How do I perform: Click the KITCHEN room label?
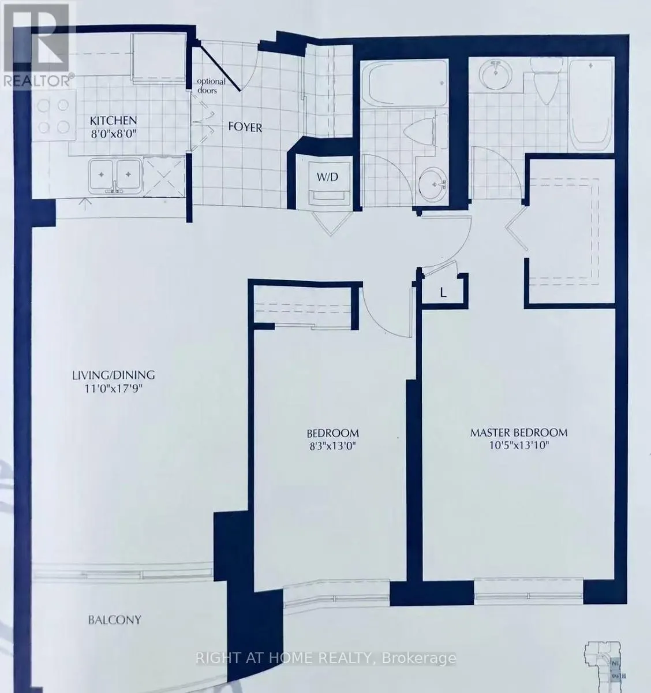coord(113,121)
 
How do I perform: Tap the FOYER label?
coord(245,127)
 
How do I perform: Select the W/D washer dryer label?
coord(327,177)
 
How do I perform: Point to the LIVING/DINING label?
coord(113,375)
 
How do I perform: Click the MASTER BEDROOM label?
coord(519,433)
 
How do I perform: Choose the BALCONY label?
coord(114,620)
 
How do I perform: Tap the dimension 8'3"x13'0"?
coord(332,446)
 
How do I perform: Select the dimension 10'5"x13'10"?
coord(519,446)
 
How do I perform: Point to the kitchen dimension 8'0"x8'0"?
coord(113,133)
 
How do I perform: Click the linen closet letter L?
coord(443,293)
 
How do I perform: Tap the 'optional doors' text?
coord(211,86)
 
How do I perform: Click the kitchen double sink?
coord(115,176)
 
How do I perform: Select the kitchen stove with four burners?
coord(53,116)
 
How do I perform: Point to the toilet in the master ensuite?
coord(547,81)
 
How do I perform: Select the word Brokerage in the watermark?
coord(419,658)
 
